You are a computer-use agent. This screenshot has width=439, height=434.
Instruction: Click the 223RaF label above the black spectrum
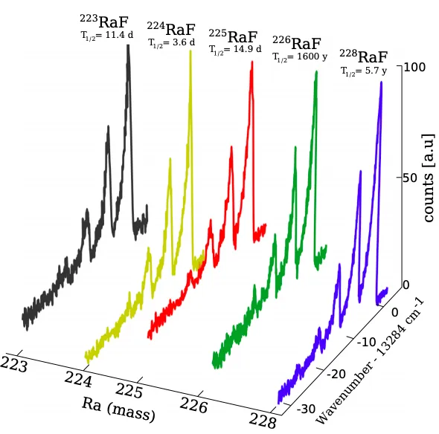point(104,22)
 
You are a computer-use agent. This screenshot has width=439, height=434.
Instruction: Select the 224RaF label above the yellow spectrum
point(171,29)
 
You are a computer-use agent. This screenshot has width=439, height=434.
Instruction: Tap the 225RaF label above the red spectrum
point(233,36)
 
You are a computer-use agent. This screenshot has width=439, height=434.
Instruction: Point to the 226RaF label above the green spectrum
point(297,43)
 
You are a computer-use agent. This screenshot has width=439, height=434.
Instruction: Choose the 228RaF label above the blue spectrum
point(364,56)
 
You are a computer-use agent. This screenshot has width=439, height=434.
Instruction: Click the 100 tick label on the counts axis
point(414,67)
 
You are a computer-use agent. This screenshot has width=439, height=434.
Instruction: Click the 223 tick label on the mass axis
point(14,364)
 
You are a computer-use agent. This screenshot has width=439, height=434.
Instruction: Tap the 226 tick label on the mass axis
point(193,405)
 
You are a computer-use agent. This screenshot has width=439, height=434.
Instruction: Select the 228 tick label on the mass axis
point(263,421)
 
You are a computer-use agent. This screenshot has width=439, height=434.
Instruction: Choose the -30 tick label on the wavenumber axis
point(306,409)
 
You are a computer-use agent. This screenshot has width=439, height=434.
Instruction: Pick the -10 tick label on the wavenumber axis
point(366,342)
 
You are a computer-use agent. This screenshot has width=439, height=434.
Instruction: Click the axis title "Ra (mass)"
point(118,409)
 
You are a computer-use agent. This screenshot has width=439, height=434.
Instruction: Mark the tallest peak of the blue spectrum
point(381,82)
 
